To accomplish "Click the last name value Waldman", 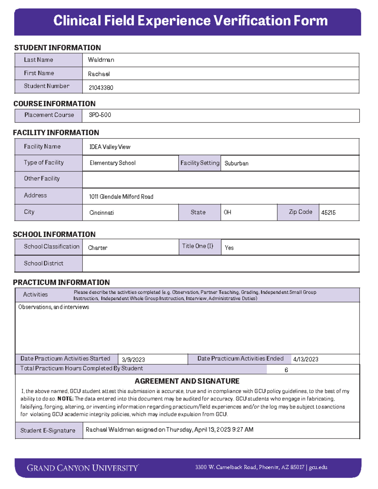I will coord(101,60).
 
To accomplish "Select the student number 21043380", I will coord(101,88).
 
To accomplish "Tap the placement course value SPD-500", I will coord(100,115).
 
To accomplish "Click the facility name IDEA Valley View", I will coord(110,147).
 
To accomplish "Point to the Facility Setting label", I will coord(200,163).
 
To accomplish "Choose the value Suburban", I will coord(236,163).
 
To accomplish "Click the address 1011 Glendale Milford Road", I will coord(121,196).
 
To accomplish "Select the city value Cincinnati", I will coord(101,213).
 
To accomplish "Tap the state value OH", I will coord(227,212).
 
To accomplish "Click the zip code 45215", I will coord(328,213).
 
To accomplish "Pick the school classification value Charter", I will coord(98,248).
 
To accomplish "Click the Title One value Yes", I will coord(229,248).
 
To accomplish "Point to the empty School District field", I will coord(220,264).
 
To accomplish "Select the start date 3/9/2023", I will coord(133,360).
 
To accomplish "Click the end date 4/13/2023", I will coord(306,359).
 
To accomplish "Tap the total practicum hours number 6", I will coord(286,370).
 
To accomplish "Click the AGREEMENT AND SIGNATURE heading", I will coord(187,381).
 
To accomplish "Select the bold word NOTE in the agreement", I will coord(65,399).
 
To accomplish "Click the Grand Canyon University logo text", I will coord(83,468).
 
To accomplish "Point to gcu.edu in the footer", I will coord(318,467).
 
